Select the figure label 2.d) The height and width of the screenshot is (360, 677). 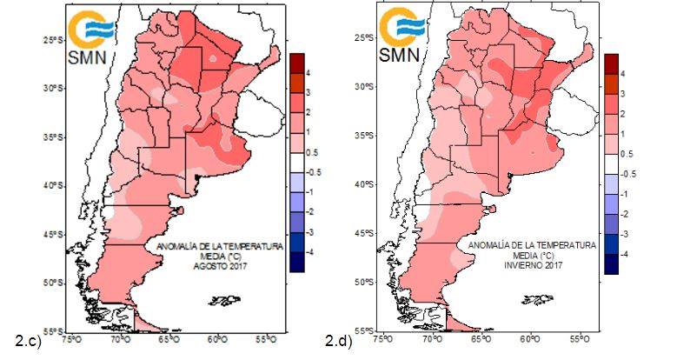(x=337, y=340)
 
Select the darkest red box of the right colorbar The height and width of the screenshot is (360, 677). (x=613, y=62)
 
